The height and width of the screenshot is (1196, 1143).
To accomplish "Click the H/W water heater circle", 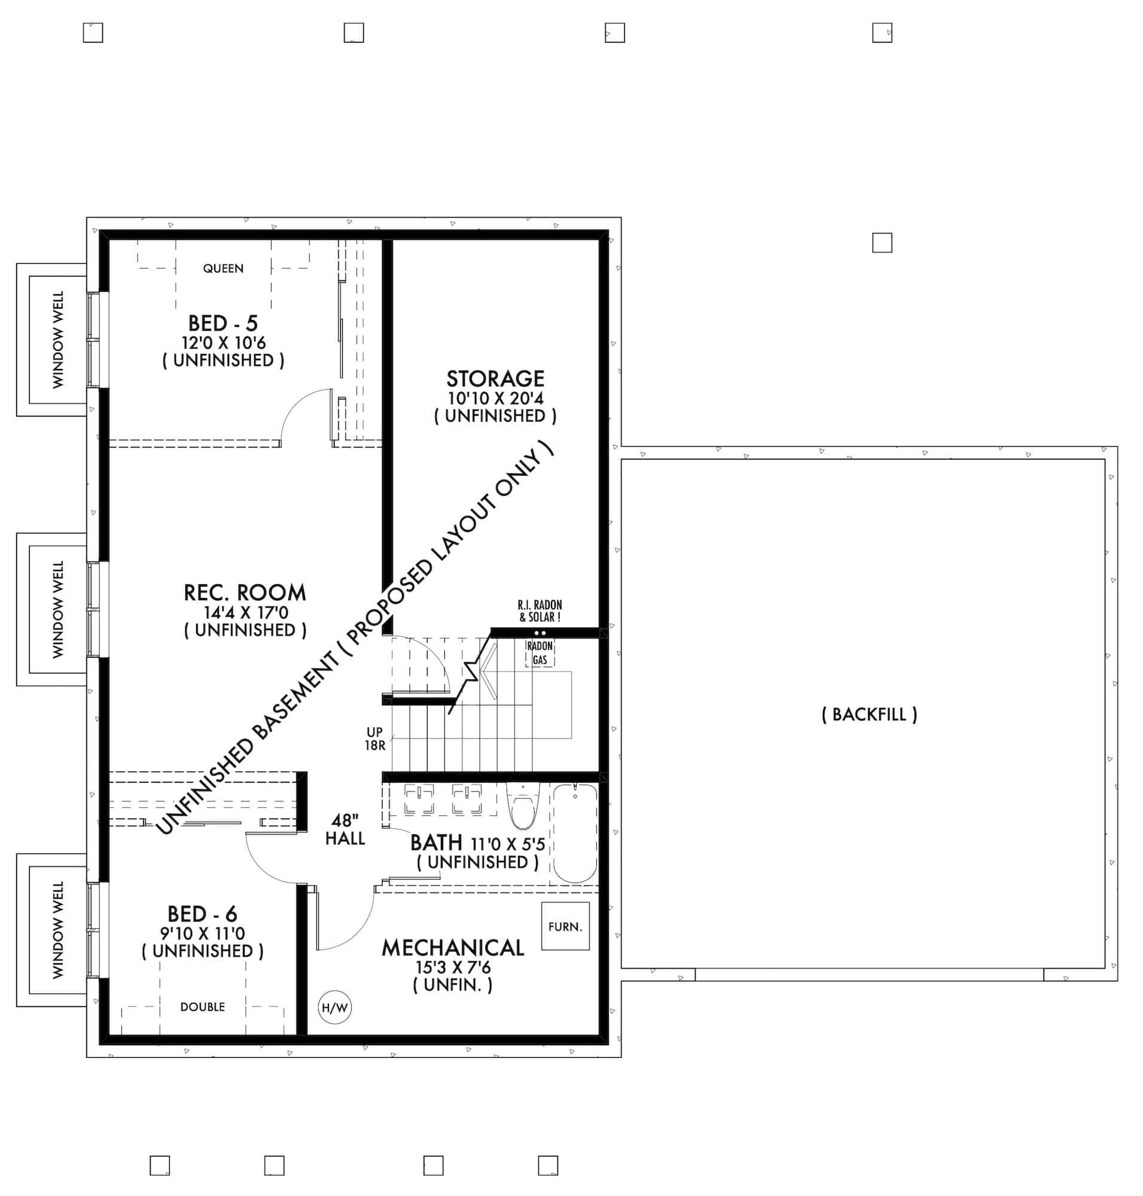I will click(x=334, y=1008).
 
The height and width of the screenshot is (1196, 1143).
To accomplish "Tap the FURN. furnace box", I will click(x=565, y=926).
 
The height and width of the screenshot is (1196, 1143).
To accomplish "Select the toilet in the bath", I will click(x=523, y=808).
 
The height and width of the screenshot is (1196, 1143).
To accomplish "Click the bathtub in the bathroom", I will click(x=575, y=834).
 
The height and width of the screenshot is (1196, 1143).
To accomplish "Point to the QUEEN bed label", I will click(x=223, y=269).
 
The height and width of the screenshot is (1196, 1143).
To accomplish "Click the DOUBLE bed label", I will click(x=202, y=1007).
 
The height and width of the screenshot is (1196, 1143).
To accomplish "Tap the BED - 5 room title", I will click(x=222, y=323).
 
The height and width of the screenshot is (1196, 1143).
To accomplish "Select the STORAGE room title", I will click(x=495, y=379).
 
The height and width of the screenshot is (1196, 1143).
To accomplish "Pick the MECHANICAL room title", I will click(x=453, y=947).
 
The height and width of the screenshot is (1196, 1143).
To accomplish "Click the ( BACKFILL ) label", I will click(x=869, y=714).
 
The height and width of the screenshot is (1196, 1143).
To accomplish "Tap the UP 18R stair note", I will click(x=374, y=739).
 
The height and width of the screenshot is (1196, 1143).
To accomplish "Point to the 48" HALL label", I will click(x=345, y=830).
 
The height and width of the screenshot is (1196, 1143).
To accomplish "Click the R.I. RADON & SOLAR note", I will click(x=540, y=611).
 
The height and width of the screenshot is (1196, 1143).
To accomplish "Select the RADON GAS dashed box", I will click(x=540, y=653).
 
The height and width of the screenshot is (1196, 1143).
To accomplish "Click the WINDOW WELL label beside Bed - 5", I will click(x=58, y=340).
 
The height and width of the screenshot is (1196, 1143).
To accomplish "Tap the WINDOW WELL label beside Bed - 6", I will click(x=58, y=930).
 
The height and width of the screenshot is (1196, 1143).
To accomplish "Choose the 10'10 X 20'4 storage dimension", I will click(x=495, y=398).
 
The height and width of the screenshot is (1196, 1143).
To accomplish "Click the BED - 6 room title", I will click(x=202, y=914).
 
